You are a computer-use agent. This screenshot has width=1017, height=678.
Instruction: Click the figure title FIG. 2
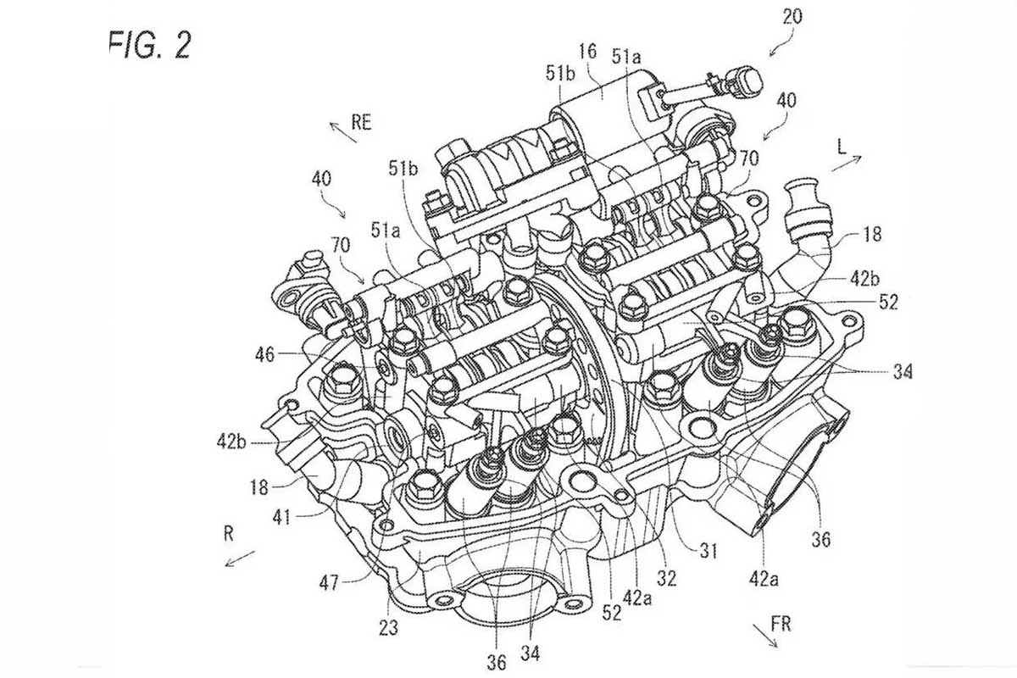(x=149, y=43)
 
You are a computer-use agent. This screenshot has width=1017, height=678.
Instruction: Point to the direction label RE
(x=362, y=123)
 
